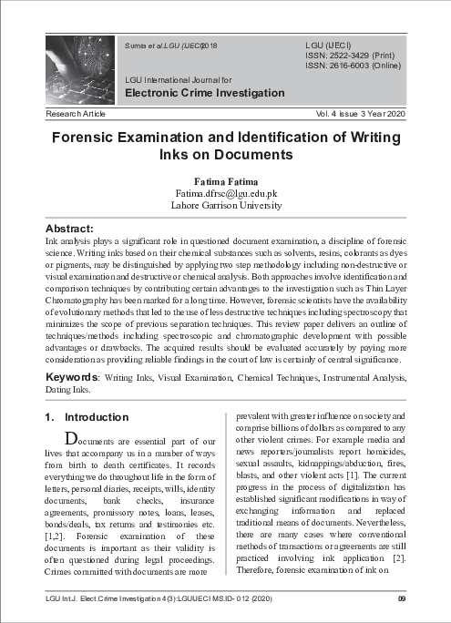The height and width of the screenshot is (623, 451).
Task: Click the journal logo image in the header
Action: pos(77,71)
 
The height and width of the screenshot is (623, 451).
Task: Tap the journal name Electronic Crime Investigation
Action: pos(204,93)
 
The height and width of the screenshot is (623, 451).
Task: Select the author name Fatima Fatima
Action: pos(224,180)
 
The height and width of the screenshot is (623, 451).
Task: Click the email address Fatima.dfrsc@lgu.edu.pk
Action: pos(225,193)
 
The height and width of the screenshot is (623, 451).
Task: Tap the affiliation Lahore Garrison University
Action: pos(225,205)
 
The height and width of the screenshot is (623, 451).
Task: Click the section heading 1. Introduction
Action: pos(87,417)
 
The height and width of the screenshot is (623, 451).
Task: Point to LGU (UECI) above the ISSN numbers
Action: pos(329,45)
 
